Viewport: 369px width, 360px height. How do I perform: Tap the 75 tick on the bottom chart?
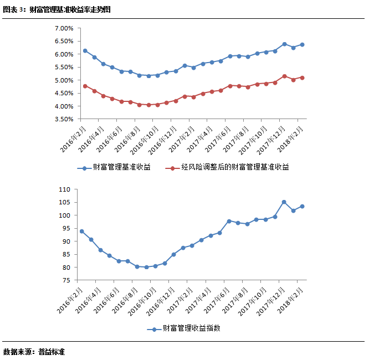coord(66,280)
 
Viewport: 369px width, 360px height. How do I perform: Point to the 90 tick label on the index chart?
coord(66,241)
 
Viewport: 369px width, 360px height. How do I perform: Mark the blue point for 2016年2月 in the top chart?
coord(85,51)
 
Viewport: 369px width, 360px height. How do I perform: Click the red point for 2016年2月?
coord(85,86)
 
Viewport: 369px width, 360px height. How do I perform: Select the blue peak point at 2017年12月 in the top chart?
coord(284,44)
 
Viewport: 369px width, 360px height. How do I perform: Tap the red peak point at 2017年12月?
coord(284,76)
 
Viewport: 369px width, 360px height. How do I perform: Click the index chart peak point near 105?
coord(284,202)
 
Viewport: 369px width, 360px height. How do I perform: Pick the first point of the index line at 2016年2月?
coord(82,232)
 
